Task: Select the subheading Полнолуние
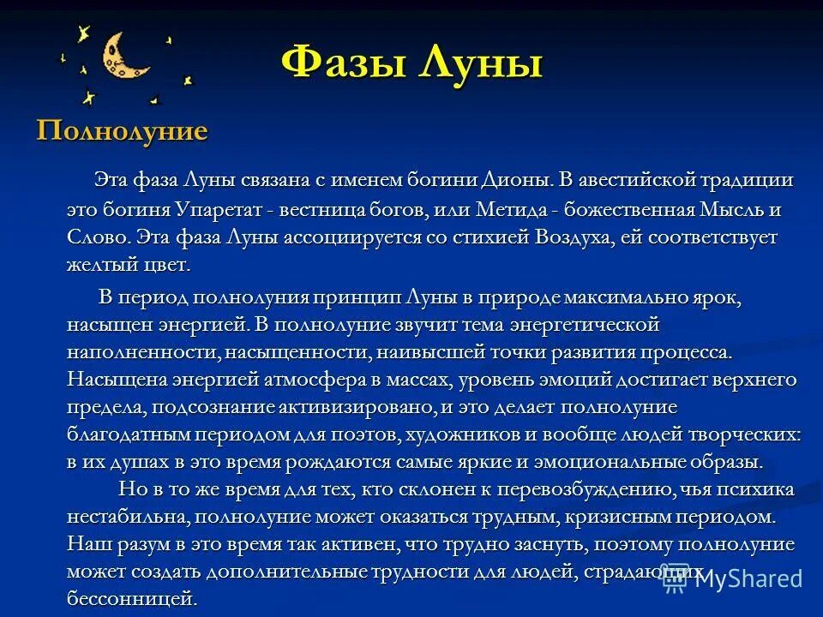[x=122, y=131]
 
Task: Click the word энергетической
[x=584, y=325]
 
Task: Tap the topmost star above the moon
[x=83, y=33]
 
